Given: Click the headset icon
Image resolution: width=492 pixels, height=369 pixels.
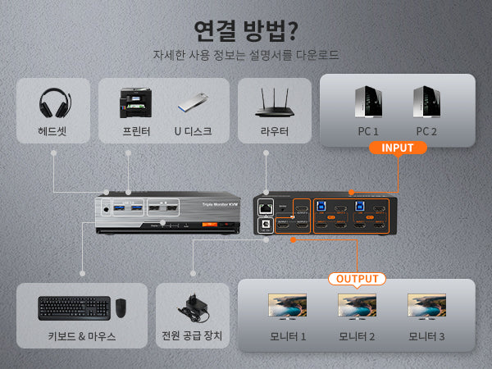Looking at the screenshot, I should (x=52, y=102).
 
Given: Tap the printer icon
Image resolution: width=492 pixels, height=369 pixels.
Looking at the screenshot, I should (x=134, y=102).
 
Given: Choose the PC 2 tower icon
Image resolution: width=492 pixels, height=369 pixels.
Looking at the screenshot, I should (x=427, y=102).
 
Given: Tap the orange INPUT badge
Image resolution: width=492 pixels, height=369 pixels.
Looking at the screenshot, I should (x=397, y=148).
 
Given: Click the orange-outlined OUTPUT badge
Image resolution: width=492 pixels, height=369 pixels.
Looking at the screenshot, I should (x=357, y=279).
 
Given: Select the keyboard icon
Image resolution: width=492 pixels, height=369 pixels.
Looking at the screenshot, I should (x=74, y=307).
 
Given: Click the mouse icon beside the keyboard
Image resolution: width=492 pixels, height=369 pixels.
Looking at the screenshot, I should (x=121, y=308).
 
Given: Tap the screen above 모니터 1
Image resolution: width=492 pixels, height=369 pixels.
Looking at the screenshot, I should (x=287, y=307).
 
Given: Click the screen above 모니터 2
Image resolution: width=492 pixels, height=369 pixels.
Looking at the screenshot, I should (x=357, y=307).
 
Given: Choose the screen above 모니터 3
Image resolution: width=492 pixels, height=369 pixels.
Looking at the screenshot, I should (x=426, y=307).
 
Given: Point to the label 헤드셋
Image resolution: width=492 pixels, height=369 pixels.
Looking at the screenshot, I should (x=52, y=131).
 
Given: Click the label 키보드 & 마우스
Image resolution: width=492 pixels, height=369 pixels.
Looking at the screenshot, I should (x=82, y=336).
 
